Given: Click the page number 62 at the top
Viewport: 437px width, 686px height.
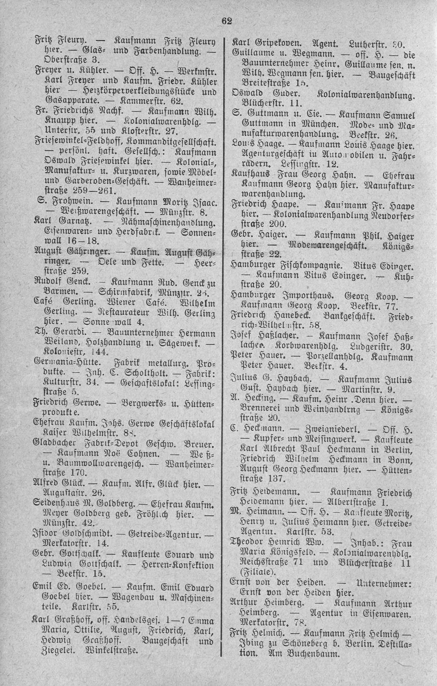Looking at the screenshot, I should (x=226, y=22).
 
